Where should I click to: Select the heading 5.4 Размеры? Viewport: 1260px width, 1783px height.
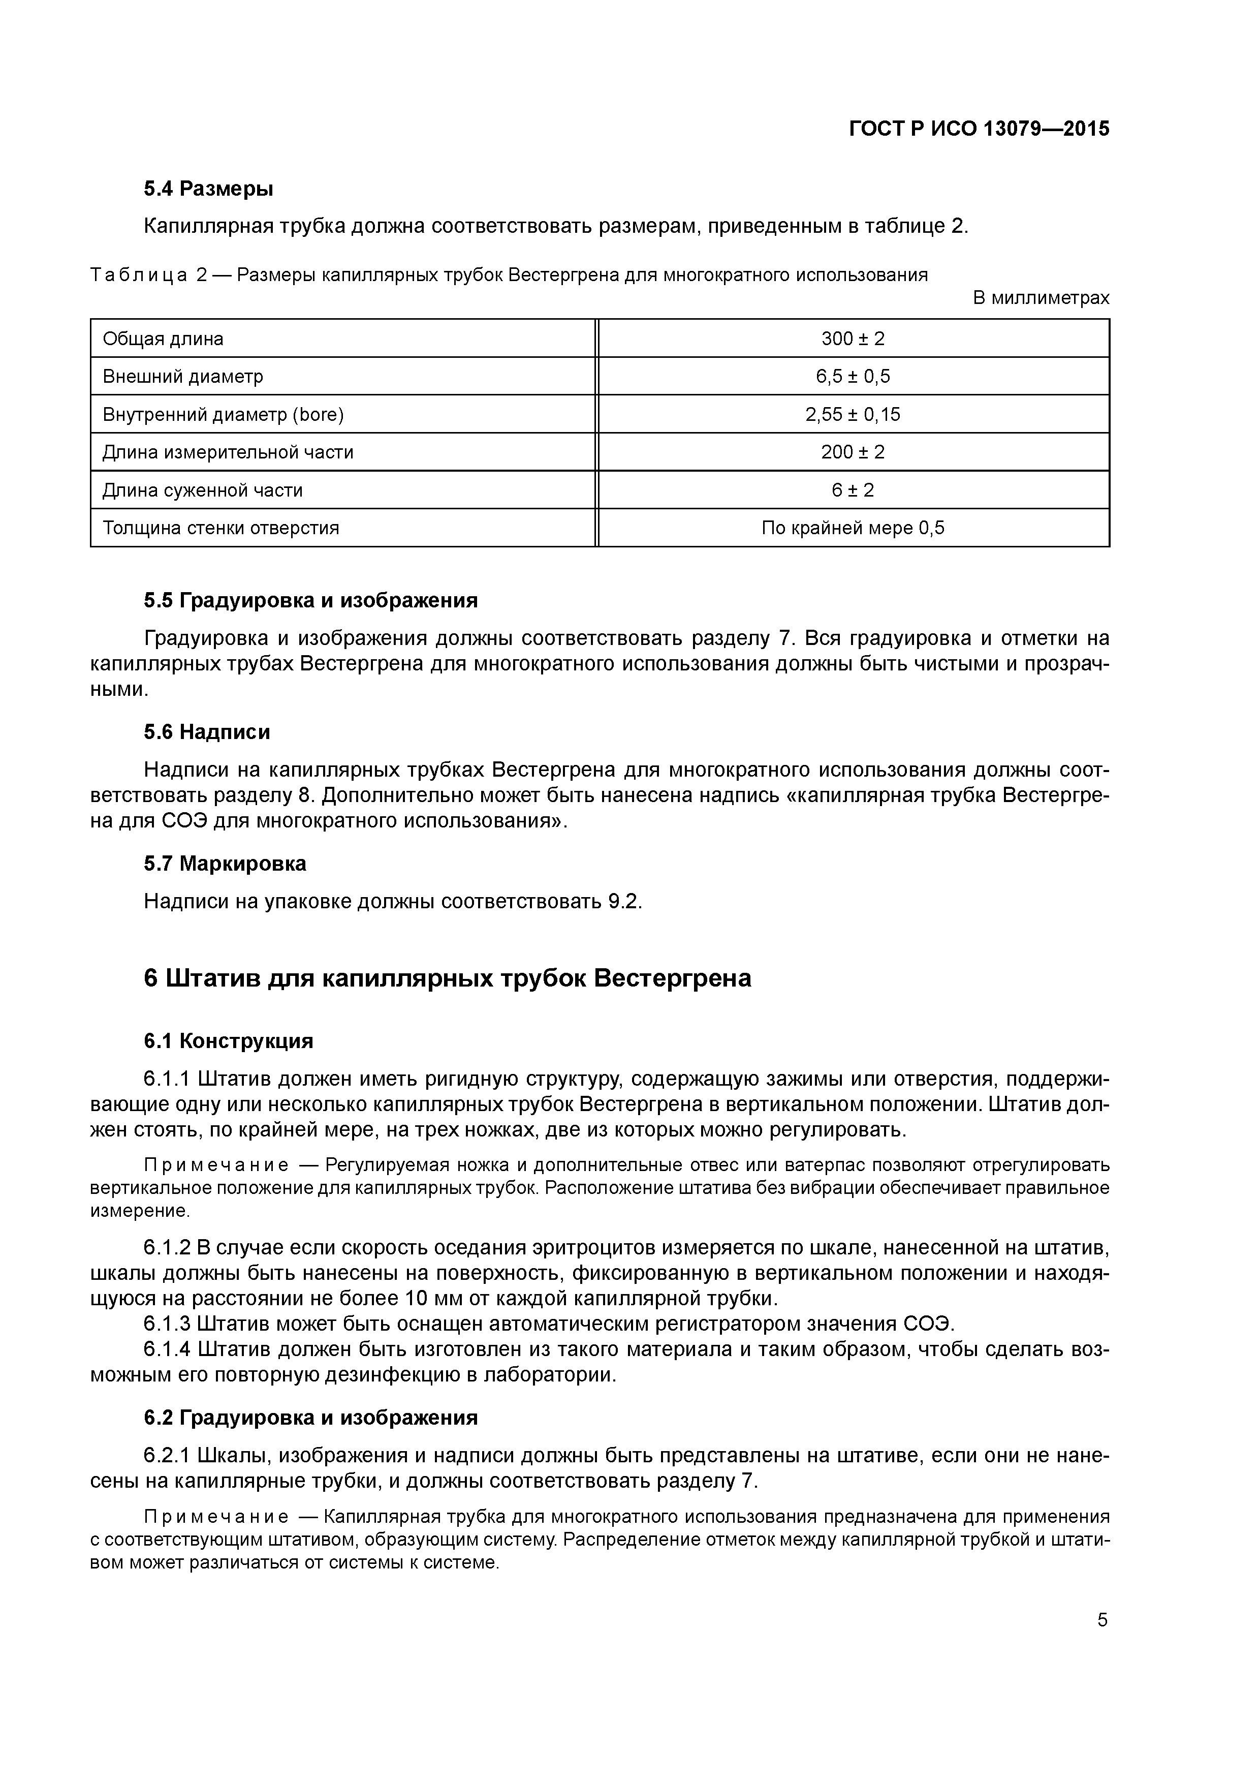pyautogui.click(x=208, y=189)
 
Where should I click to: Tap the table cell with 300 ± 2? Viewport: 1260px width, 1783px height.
pyautogui.click(x=853, y=339)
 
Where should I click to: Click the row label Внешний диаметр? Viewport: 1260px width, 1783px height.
pyautogui.click(x=183, y=377)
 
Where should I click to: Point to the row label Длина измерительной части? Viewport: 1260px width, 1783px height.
pyautogui.click(x=228, y=452)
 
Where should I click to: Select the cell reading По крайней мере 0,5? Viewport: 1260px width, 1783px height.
pyautogui.click(x=853, y=528)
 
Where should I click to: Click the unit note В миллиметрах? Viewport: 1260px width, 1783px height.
pyautogui.click(x=1041, y=297)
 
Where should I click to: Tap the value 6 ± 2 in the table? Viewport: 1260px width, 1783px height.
pyautogui.click(x=853, y=490)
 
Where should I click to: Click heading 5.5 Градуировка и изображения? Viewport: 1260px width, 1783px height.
pyautogui.click(x=310, y=600)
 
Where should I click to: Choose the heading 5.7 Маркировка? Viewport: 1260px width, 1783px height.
pyautogui.click(x=225, y=864)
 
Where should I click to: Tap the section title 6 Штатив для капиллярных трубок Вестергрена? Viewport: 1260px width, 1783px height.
pyautogui.click(x=447, y=978)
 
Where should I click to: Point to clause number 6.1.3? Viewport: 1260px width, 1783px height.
pyautogui.click(x=167, y=1323)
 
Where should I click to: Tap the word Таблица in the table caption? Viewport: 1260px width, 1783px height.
pyautogui.click(x=139, y=275)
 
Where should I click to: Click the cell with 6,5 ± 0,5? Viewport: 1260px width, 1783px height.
pyautogui.click(x=853, y=377)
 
